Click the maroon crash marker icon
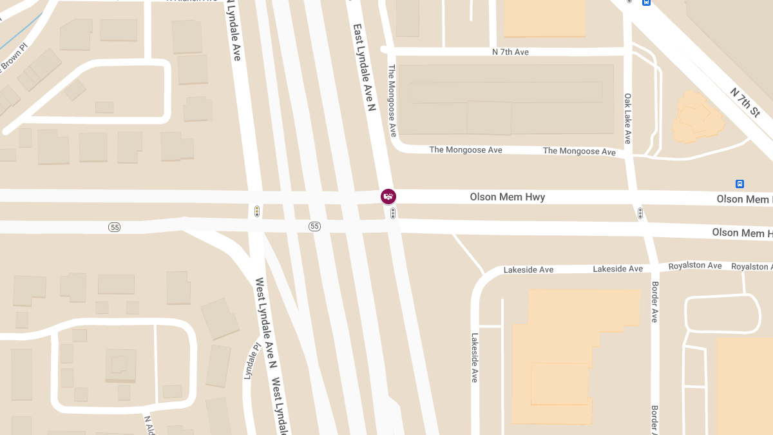[x=388, y=196]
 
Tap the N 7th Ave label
[x=510, y=52]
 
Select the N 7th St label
[x=745, y=102]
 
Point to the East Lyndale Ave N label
[x=364, y=68]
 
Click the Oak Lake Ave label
[x=628, y=119]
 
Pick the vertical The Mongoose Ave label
[x=392, y=100]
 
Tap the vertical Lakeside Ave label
[x=475, y=358]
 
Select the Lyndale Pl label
[x=251, y=361]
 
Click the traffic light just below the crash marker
[x=393, y=213]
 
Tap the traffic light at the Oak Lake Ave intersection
[x=640, y=213]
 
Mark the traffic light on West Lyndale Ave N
[x=257, y=211]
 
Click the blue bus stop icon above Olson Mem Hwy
[x=740, y=184]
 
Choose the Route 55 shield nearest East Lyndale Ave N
[x=314, y=226]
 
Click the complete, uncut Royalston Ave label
[x=695, y=266]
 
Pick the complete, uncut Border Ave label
[x=654, y=302]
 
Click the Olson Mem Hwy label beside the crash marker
[x=508, y=197]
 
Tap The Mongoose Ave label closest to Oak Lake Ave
[x=579, y=151]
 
